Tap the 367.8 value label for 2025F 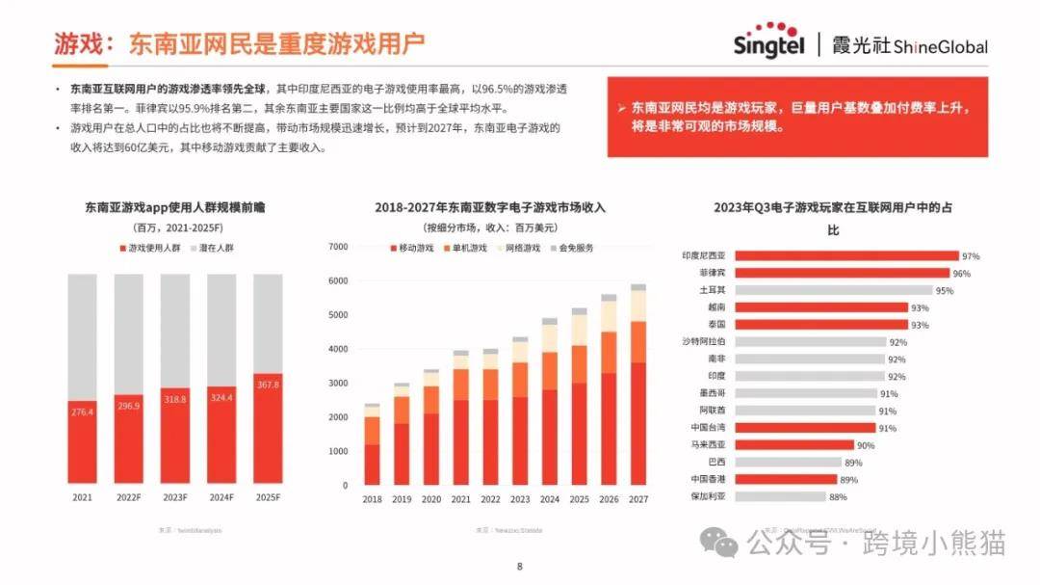(268, 385)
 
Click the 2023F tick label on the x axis (175, 497)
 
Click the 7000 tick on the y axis (337, 247)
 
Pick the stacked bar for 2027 (638, 386)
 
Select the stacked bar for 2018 (372, 445)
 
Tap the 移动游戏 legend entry (412, 248)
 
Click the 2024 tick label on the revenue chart (550, 500)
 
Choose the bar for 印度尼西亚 (847, 256)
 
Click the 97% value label (971, 256)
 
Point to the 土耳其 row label (713, 290)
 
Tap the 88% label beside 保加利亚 (838, 497)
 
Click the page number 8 (520, 567)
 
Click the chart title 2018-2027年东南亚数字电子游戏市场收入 (490, 207)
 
